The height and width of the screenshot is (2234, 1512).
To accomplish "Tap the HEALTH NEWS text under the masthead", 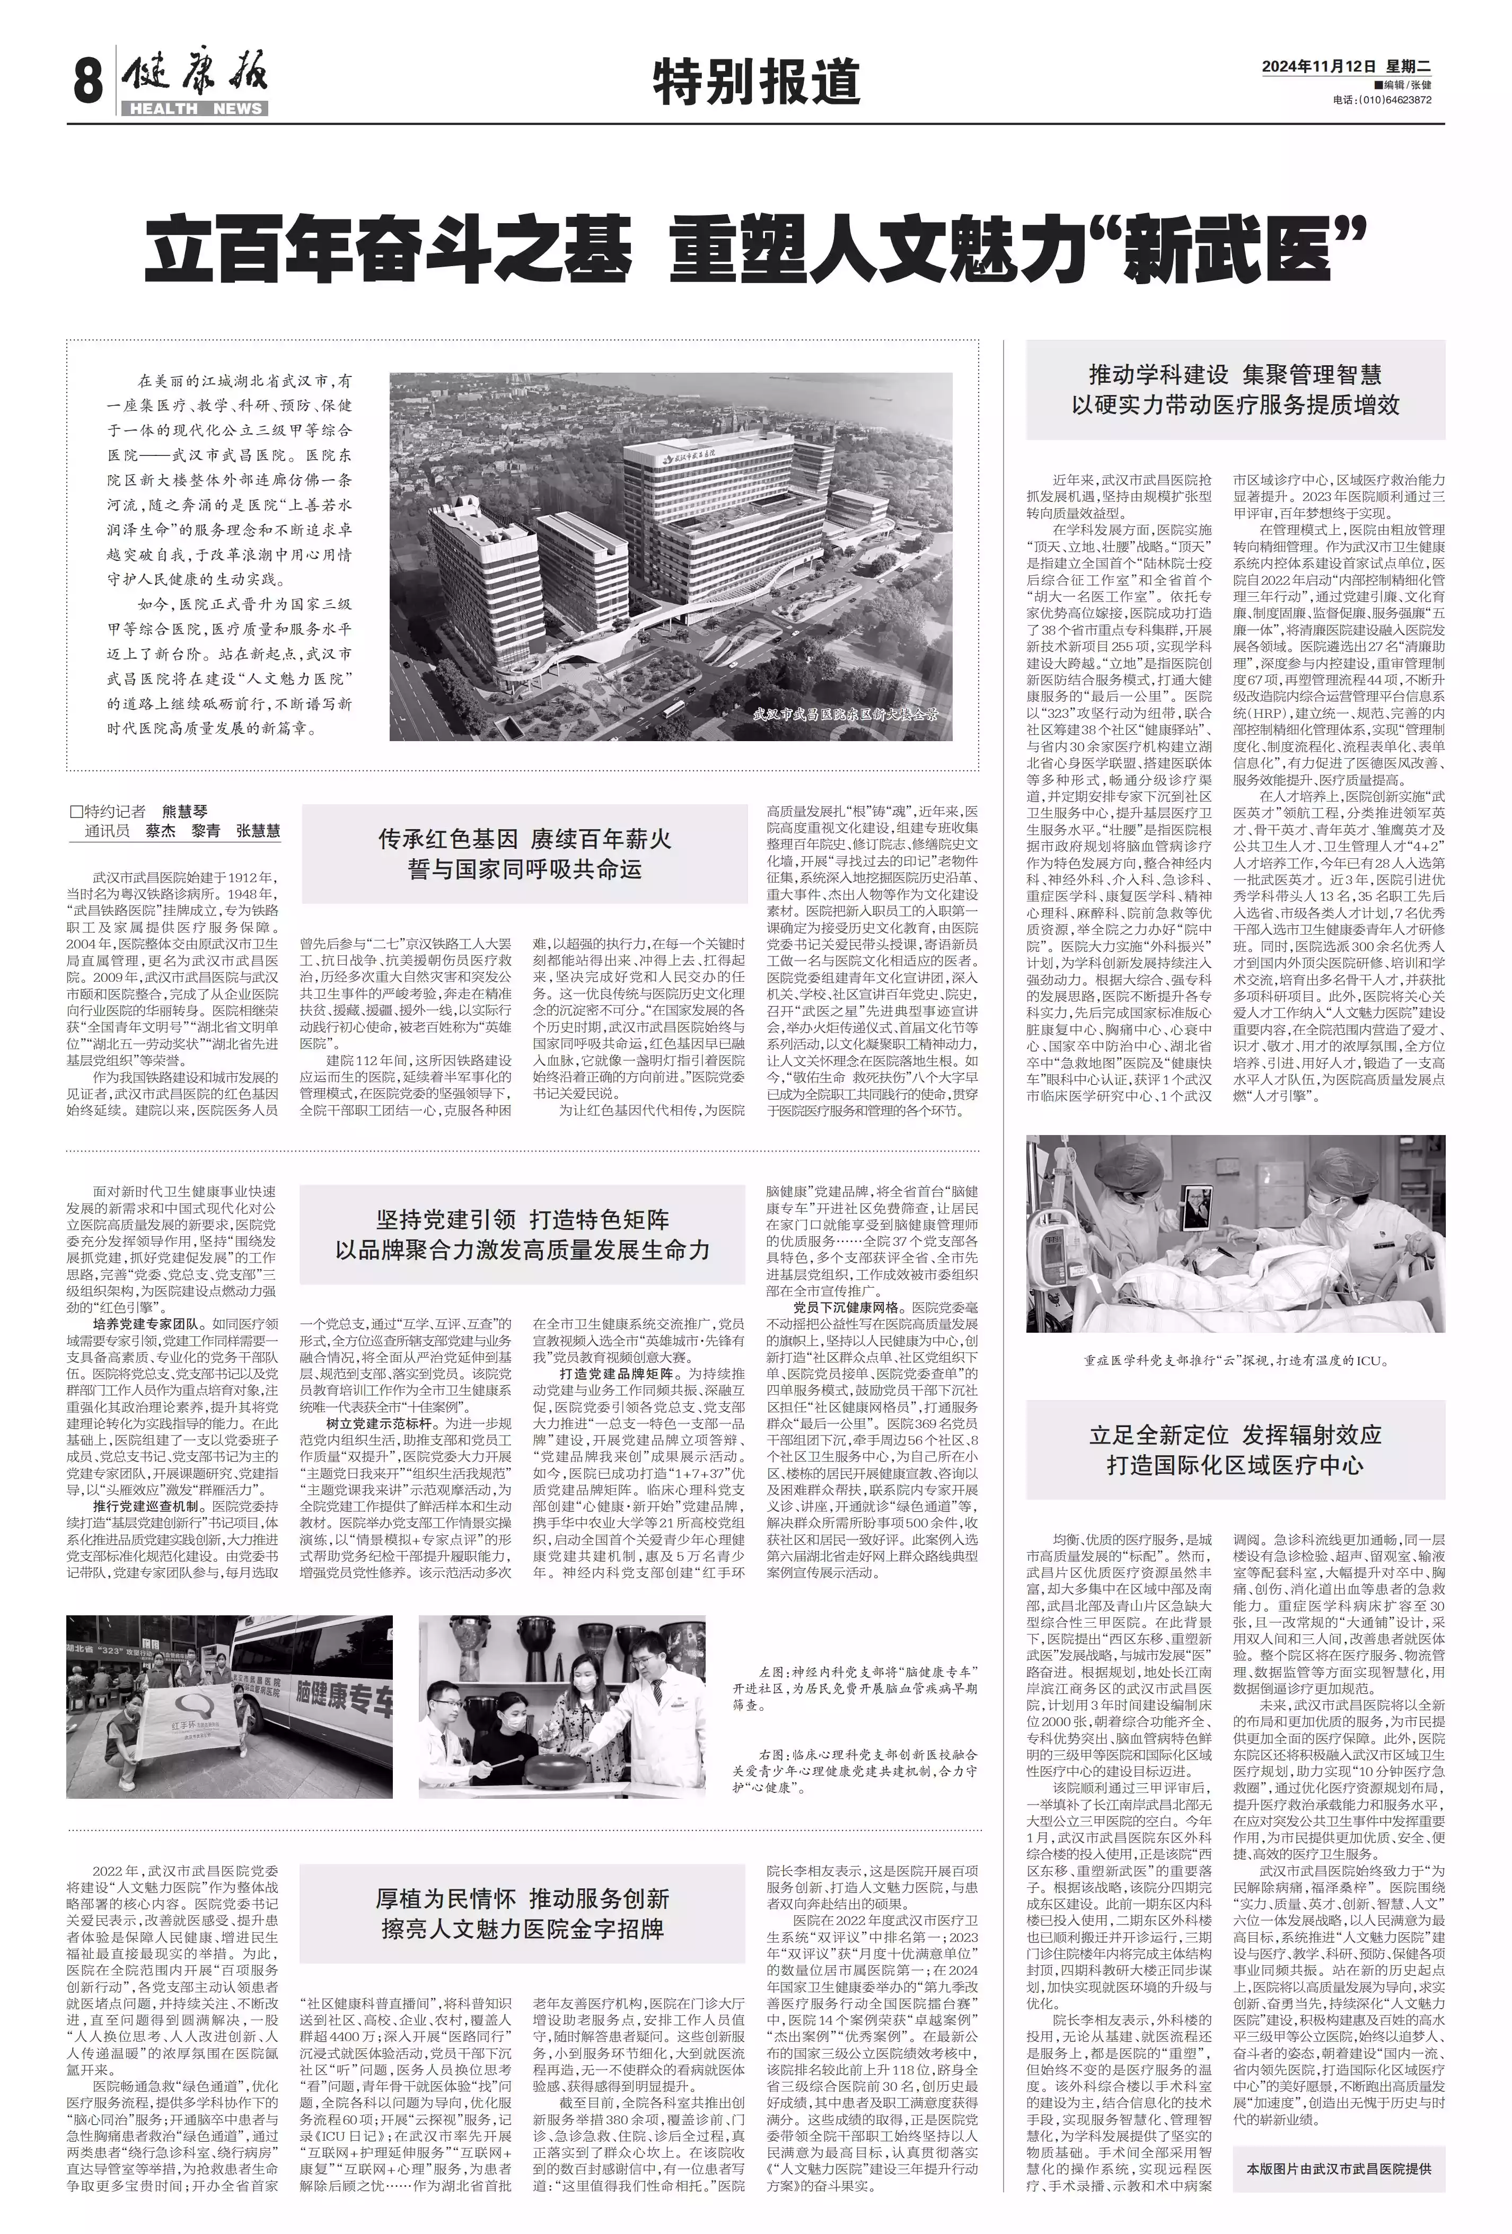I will tap(195, 109).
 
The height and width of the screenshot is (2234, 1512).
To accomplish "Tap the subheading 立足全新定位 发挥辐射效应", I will tap(1234, 1435).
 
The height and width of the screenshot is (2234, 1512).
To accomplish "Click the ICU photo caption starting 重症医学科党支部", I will tap(1234, 1361).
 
